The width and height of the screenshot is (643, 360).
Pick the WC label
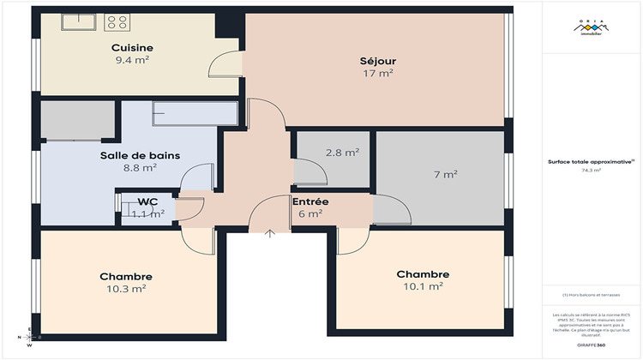point(148,202)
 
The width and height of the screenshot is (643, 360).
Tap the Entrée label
point(309,201)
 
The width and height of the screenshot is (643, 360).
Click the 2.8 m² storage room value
point(341,153)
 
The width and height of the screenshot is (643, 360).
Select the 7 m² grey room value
point(444,175)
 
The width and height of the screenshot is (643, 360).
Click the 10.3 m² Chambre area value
point(126,290)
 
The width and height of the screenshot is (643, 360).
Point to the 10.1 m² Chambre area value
point(422,287)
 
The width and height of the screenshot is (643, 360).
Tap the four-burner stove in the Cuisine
point(117,22)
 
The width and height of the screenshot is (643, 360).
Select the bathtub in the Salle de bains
point(194,113)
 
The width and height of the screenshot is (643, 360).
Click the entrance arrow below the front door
point(271,233)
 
